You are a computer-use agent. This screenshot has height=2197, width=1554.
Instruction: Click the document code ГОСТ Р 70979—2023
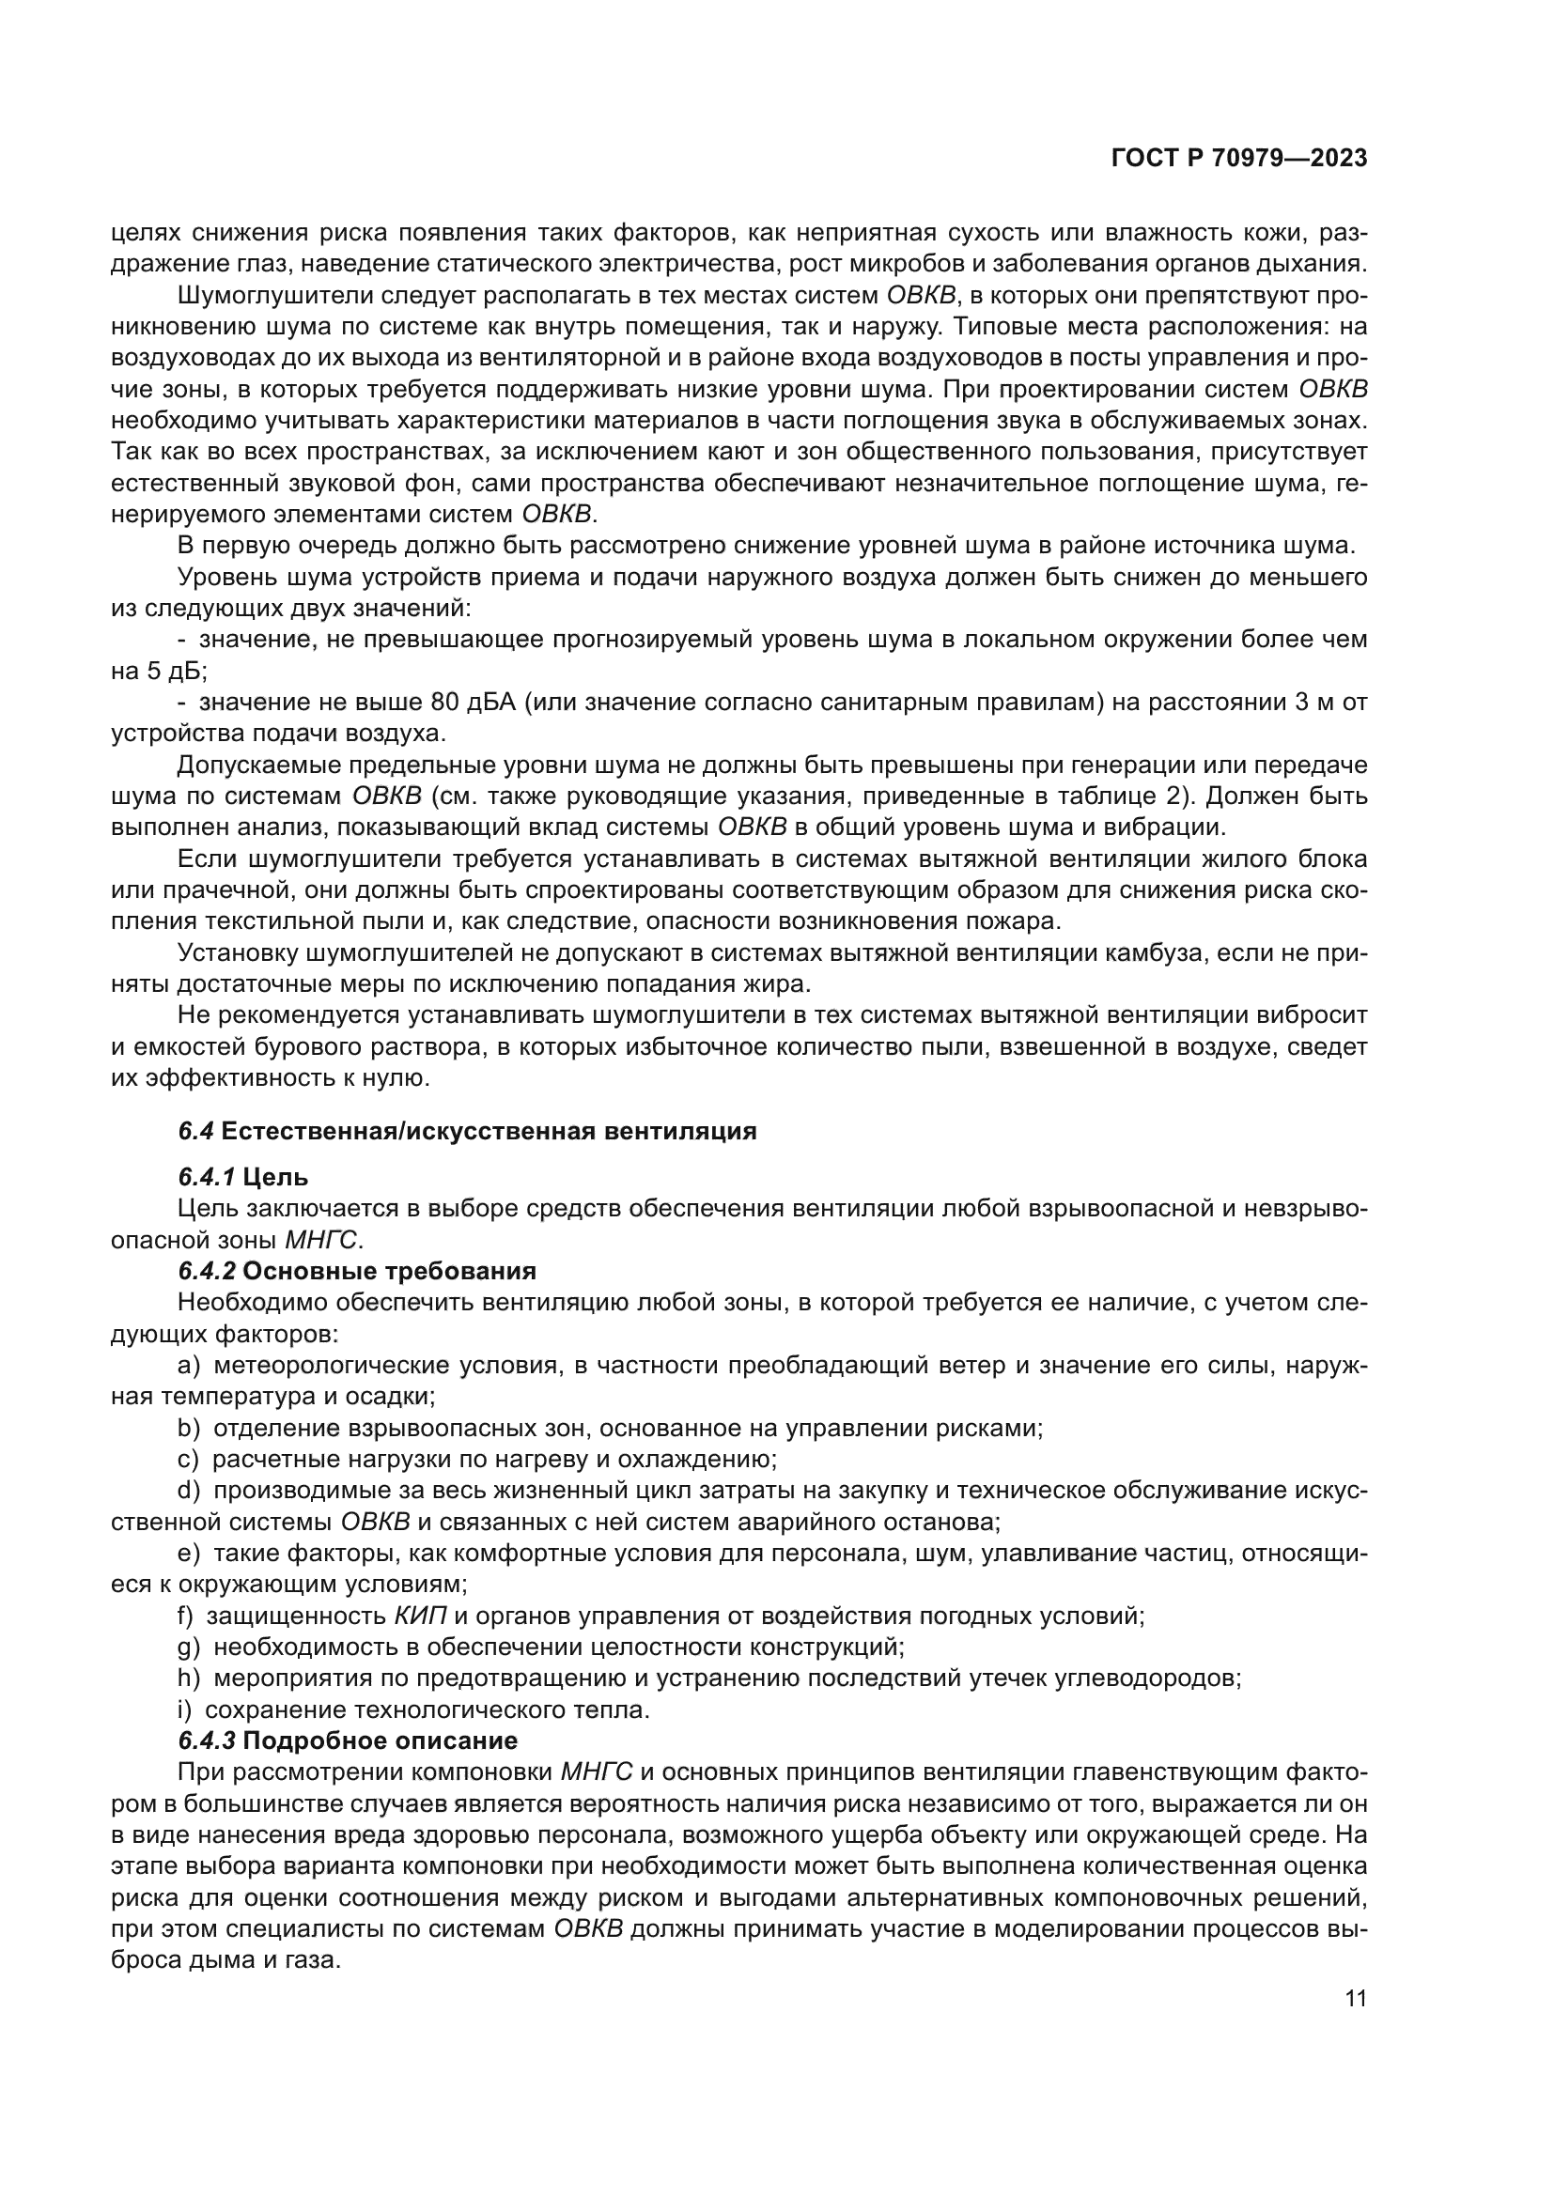1239,159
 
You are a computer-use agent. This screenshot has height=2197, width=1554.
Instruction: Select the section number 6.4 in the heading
195,1131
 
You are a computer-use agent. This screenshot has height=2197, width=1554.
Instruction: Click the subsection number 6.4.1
207,1177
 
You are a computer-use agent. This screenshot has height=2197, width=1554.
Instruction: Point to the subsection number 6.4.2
207,1271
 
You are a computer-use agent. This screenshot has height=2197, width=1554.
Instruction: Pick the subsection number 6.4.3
207,1740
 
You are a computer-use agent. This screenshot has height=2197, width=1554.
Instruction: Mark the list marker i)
185,1709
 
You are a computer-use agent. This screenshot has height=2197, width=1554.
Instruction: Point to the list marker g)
189,1647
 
